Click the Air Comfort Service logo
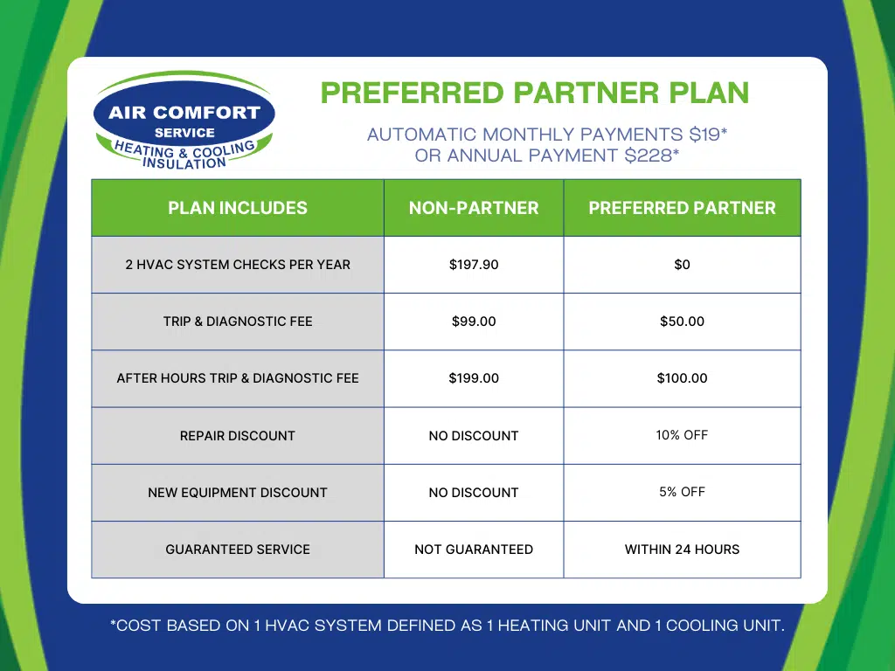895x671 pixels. [x=184, y=122]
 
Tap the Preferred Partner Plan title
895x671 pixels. [x=535, y=93]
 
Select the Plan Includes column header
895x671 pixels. [x=238, y=208]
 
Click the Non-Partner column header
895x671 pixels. [x=474, y=208]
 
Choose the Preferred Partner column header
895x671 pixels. [x=682, y=208]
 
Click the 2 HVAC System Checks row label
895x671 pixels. [x=238, y=265]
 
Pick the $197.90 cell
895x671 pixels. [x=474, y=265]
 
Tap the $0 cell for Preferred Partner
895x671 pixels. [x=682, y=265]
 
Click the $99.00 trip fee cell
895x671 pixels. [x=474, y=322]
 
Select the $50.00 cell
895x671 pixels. [x=682, y=322]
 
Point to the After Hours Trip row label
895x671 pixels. [x=238, y=378]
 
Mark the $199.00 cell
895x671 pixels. [x=474, y=378]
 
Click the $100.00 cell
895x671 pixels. [x=682, y=378]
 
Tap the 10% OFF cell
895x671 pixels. [x=682, y=435]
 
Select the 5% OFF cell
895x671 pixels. [x=682, y=492]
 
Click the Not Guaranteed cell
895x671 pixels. [x=474, y=550]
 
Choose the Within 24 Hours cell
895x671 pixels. [x=682, y=550]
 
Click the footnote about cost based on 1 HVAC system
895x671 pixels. [x=447, y=626]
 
